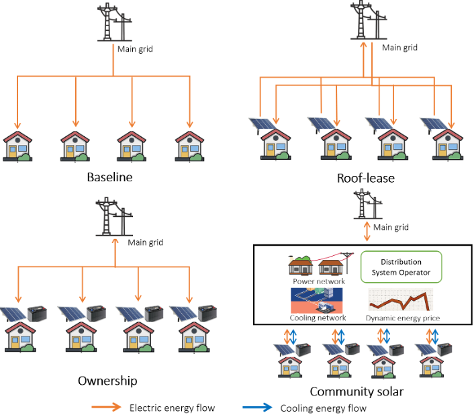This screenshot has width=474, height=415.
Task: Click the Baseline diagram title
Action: click(x=109, y=178)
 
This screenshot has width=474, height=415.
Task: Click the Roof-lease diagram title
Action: click(x=365, y=178)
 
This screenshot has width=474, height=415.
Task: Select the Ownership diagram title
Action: click(x=107, y=381)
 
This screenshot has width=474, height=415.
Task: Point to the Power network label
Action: click(x=318, y=281)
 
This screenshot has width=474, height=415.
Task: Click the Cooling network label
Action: click(x=318, y=318)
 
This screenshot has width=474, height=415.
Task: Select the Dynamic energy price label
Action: click(x=403, y=318)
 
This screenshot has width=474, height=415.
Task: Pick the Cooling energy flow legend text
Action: click(x=324, y=408)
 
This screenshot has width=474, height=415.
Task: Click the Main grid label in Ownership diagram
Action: click(x=145, y=242)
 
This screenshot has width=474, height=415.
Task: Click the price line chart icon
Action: click(x=400, y=299)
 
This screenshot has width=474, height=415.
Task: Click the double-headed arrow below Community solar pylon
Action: click(x=367, y=233)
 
